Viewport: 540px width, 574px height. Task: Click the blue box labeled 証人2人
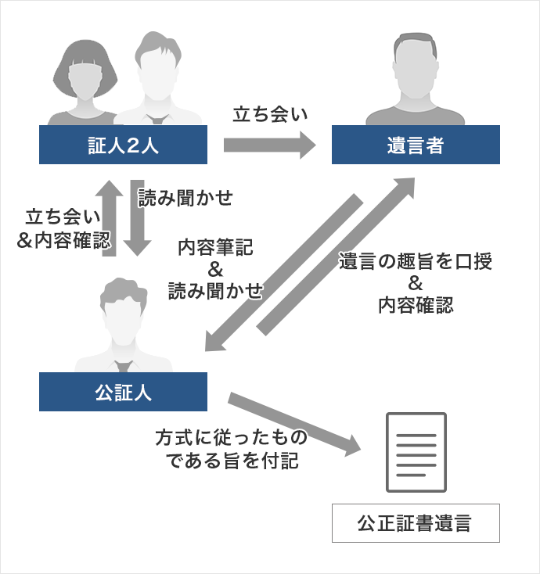pos(123,145)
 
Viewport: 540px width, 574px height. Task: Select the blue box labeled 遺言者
pos(416,145)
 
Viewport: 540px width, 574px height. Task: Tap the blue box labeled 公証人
pos(123,392)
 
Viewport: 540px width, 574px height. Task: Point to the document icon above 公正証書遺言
pos(416,452)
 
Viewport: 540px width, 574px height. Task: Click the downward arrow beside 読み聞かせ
pos(138,221)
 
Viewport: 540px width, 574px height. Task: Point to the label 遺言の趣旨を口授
pos(415,262)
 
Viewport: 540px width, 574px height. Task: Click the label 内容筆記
pos(216,249)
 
